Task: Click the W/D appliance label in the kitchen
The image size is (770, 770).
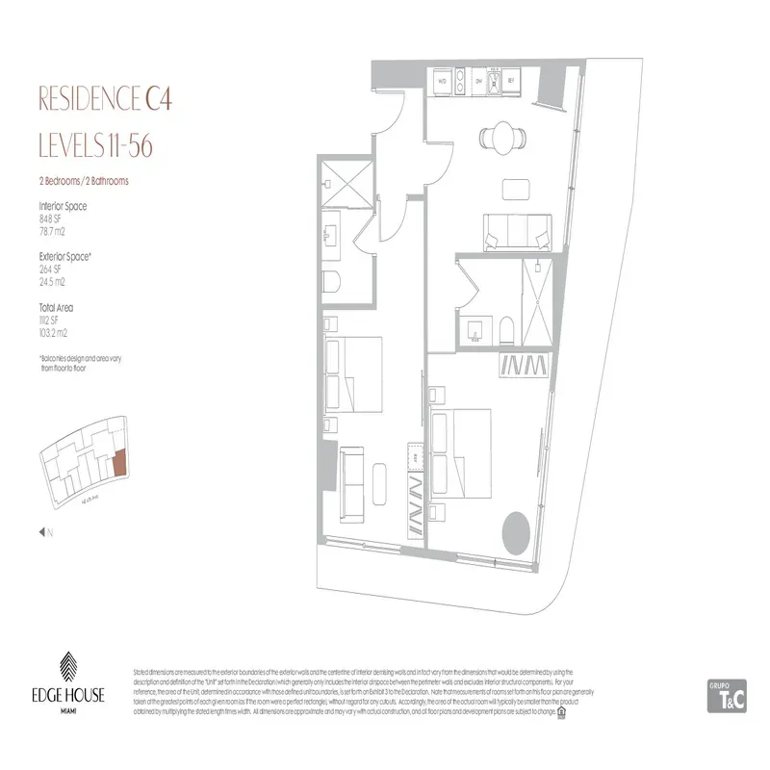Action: pyautogui.click(x=442, y=82)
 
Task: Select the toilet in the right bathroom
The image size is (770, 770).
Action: pyautogui.click(x=507, y=330)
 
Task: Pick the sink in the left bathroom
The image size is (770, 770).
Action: pyautogui.click(x=334, y=232)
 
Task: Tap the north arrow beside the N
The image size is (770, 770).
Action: pyautogui.click(x=41, y=531)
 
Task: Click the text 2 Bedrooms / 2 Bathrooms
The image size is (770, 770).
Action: pyautogui.click(x=84, y=180)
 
